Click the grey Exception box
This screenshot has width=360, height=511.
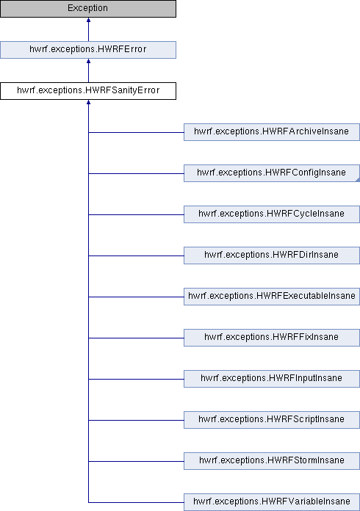88,9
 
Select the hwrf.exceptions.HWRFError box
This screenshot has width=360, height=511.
88,50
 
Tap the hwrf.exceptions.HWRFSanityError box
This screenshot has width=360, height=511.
88,91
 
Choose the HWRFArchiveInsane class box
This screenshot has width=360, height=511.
272,132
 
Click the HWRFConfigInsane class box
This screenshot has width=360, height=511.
272,173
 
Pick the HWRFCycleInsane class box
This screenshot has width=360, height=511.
272,214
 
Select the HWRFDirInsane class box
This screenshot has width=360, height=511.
272,255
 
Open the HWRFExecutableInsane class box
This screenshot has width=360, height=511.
272,296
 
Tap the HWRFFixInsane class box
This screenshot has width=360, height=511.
272,337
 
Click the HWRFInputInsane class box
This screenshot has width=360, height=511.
272,378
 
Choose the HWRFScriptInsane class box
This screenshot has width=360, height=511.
272,419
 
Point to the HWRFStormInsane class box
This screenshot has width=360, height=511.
272,460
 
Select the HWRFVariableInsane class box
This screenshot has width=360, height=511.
272,501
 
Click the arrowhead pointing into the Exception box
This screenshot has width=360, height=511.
88,20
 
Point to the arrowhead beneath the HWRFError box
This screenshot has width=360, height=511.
88,61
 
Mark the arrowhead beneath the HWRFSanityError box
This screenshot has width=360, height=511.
88,102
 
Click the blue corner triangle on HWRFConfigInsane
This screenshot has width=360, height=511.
358,180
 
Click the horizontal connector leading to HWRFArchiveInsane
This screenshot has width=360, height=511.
136,132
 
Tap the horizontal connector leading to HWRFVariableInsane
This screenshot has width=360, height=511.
136,502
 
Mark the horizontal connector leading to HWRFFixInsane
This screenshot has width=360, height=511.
136,338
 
